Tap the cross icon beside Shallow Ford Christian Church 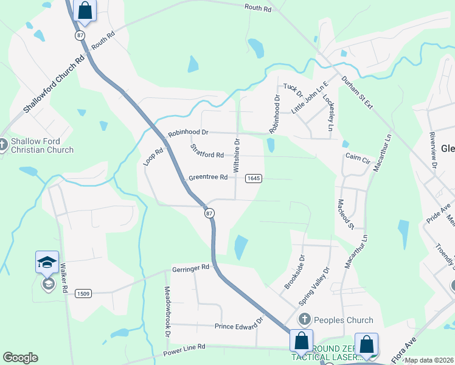coord(3,145)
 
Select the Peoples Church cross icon coord(305,319)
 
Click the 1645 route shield coord(254,178)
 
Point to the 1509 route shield coord(83,294)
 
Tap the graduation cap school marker coord(47,262)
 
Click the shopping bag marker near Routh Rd coord(85,10)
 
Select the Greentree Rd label coord(207,178)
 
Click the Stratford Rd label coord(207,151)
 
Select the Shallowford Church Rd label coord(54,86)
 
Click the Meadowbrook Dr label coord(167,313)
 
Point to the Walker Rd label coord(64,279)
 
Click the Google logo coord(20,358)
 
